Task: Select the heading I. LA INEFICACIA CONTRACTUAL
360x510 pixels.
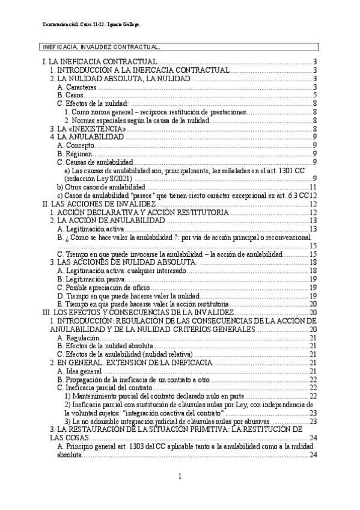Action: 100,63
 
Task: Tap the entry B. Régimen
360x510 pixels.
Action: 75,154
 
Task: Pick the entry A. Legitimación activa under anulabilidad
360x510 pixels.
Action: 91,229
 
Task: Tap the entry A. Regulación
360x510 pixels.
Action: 78,338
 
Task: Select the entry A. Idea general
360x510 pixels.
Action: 81,371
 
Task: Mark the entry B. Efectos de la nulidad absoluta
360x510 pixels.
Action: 105,346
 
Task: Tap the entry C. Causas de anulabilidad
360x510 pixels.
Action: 96,162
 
